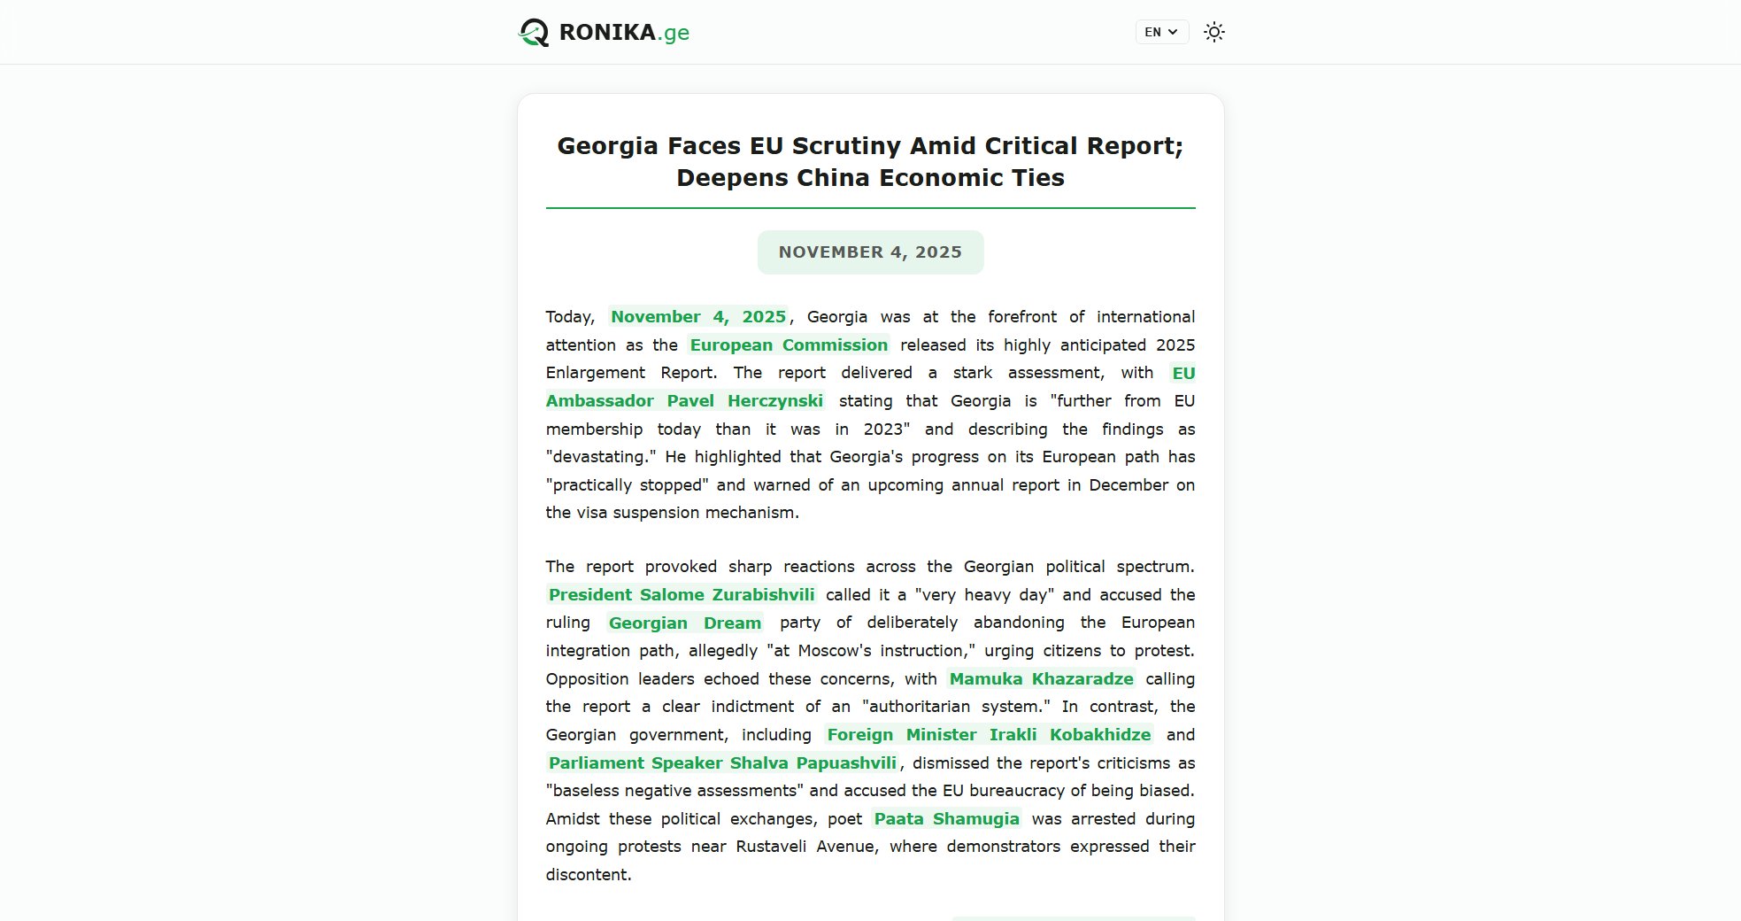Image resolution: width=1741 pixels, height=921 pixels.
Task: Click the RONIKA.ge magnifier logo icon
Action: coord(534,33)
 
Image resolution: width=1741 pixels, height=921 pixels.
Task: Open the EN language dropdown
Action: coord(1161,32)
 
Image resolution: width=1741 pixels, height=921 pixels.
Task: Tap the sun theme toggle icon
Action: coord(1214,32)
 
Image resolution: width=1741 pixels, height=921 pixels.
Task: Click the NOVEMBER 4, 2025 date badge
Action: coord(870,252)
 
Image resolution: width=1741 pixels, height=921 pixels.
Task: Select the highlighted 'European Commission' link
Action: coord(789,345)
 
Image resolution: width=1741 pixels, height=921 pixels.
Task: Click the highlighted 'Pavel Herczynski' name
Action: coord(744,401)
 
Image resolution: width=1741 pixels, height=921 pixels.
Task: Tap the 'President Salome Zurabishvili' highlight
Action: coord(682,595)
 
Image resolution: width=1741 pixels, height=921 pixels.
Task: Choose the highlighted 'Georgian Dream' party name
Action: coord(684,623)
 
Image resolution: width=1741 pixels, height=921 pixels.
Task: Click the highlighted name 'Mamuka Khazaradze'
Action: coord(1041,679)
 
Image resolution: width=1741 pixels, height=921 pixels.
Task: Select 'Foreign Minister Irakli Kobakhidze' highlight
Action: coord(989,735)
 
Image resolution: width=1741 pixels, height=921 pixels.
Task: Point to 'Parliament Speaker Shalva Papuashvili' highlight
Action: coord(722,763)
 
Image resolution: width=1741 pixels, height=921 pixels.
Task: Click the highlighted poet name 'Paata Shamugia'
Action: coord(946,819)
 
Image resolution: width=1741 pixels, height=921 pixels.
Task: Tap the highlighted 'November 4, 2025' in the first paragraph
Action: coord(698,317)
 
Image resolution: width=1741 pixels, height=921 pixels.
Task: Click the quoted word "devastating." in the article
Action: coord(602,457)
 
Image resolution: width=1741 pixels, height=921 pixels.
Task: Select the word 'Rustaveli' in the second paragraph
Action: coord(771,847)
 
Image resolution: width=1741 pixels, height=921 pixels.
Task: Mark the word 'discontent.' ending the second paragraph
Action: coord(589,875)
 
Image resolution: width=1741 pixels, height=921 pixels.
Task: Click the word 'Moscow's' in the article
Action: coord(835,651)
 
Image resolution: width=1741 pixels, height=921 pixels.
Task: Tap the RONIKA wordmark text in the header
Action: coord(607,33)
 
